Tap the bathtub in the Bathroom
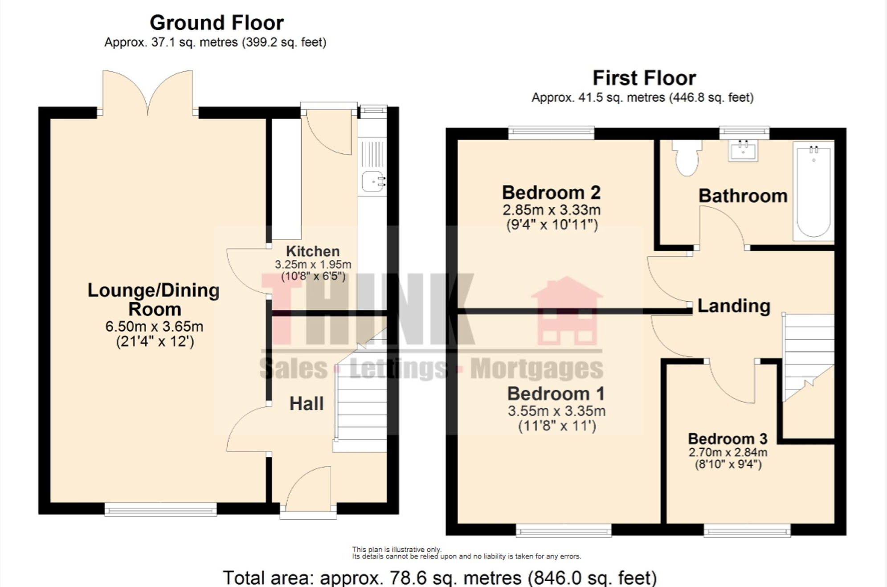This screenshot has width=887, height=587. pyautogui.click(x=813, y=192)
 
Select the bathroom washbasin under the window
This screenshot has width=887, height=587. pyautogui.click(x=743, y=151)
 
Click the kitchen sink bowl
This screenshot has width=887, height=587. pyautogui.click(x=372, y=181)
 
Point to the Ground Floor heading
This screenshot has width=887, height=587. pyautogui.click(x=217, y=23)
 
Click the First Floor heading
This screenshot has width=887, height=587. pyautogui.click(x=644, y=78)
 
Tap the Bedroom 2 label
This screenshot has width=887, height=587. pyautogui.click(x=551, y=193)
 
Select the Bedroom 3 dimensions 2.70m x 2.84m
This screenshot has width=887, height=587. pyautogui.click(x=728, y=452)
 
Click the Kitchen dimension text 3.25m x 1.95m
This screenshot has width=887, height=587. pyautogui.click(x=313, y=264)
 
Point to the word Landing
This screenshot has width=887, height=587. pyautogui.click(x=733, y=306)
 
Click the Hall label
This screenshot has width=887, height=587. pyautogui.click(x=306, y=404)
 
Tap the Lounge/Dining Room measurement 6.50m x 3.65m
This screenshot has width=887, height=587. pyautogui.click(x=154, y=326)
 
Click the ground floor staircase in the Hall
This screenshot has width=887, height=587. pyautogui.click(x=361, y=401)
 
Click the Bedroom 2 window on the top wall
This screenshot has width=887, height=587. pyautogui.click(x=551, y=132)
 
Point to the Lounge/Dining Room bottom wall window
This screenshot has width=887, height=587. pyautogui.click(x=160, y=509)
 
